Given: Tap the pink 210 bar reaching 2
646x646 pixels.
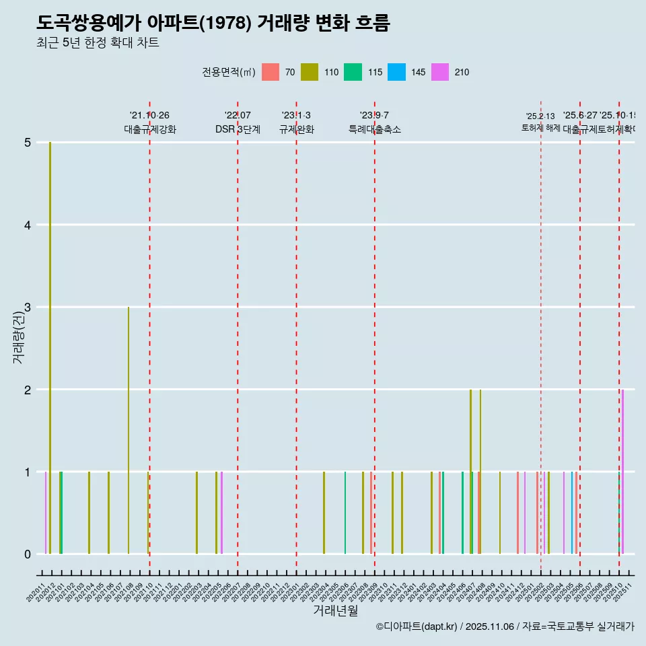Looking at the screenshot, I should click(x=622, y=471).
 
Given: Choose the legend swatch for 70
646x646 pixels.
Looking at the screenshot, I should click(x=271, y=72).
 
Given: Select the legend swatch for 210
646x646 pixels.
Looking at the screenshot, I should click(x=440, y=72).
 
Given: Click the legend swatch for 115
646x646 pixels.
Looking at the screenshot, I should click(x=353, y=72).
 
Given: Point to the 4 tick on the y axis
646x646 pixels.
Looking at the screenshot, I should click(x=28, y=225).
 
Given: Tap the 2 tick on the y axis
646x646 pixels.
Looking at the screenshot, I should click(x=28, y=390).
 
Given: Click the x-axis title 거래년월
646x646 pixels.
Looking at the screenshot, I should click(x=335, y=610).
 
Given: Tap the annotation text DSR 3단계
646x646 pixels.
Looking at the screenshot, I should click(x=238, y=129).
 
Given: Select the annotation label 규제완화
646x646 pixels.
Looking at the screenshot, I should click(x=296, y=129).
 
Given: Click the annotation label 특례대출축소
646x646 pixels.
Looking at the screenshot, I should click(x=374, y=129).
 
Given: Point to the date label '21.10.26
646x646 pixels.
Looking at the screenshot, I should click(x=149, y=116).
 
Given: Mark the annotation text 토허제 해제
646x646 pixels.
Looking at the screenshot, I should click(x=540, y=127).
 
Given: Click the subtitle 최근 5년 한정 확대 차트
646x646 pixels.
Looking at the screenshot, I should click(x=98, y=43).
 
